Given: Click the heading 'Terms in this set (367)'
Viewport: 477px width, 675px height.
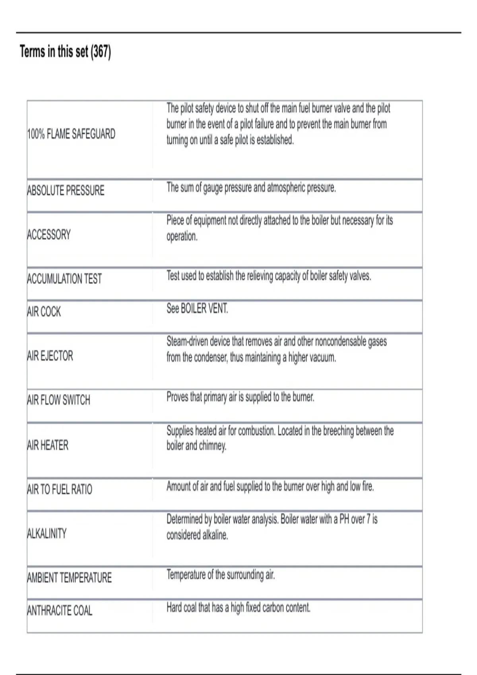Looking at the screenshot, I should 65,52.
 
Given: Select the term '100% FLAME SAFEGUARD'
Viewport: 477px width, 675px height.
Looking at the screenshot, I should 71,134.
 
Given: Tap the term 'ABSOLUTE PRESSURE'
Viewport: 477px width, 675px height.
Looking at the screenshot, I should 66,191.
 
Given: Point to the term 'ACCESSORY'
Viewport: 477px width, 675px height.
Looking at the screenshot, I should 49,235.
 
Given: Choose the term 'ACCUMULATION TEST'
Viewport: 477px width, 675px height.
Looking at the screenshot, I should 64,279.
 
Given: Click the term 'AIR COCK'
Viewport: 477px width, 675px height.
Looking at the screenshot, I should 44,312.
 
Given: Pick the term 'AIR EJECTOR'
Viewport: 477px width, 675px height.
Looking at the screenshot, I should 50,356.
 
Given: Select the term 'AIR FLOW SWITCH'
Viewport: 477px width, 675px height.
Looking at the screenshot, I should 59,400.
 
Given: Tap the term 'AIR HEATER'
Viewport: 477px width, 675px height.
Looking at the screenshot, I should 48,445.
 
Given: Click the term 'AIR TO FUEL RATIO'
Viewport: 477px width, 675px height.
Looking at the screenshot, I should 60,489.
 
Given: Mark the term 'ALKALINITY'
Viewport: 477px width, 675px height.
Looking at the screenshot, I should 47,533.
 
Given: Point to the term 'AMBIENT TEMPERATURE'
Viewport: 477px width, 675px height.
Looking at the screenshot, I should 70,577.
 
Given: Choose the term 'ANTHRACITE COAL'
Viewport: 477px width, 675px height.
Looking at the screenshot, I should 60,610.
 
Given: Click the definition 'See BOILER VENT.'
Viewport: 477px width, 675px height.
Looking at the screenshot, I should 197,309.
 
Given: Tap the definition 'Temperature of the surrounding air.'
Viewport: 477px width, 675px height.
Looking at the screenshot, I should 221,575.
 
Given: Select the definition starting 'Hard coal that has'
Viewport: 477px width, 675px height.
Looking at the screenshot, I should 238,607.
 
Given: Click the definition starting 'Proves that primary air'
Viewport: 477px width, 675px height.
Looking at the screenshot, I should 240,397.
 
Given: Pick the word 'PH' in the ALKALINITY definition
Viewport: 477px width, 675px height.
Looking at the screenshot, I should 344,519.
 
